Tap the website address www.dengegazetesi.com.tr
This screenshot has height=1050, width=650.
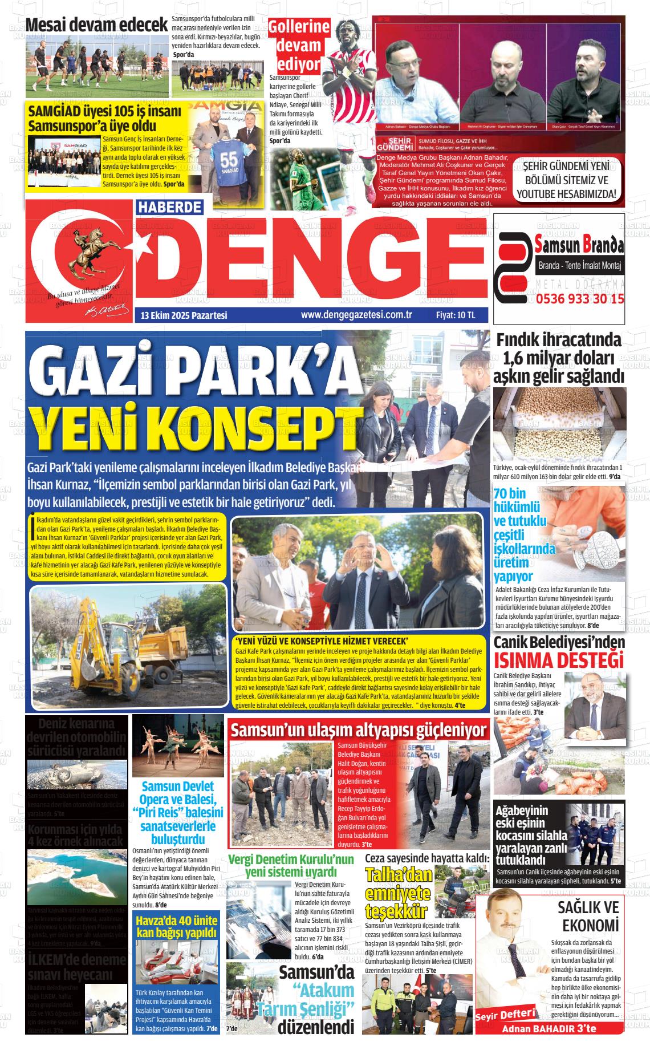coord(356,315)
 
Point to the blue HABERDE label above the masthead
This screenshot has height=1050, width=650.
coord(170,207)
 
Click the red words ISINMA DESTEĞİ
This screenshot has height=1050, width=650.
coord(559,660)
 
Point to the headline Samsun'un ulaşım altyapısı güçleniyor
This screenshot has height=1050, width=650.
coord(359,729)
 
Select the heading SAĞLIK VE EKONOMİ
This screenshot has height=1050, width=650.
coord(588,916)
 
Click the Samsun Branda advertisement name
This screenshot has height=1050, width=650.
coord(580,246)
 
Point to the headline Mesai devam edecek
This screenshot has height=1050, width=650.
coord(97,26)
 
